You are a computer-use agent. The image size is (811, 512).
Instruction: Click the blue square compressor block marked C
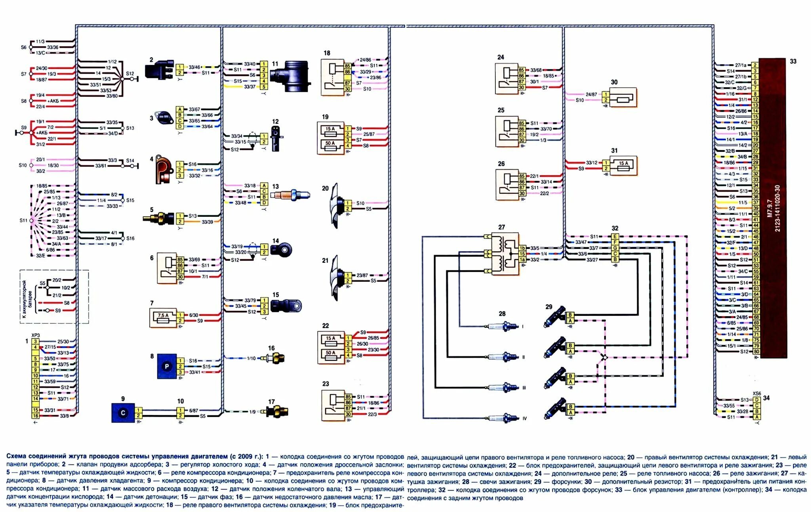point(123,413)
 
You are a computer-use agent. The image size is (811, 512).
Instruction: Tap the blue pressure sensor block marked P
point(167,367)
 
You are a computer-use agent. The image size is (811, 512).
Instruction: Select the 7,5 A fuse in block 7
point(163,318)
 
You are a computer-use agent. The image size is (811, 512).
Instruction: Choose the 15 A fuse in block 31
point(623,166)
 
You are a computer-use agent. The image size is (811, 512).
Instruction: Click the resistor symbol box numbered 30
point(623,97)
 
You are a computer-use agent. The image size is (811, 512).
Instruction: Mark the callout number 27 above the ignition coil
point(501,227)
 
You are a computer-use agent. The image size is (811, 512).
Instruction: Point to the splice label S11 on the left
point(23,220)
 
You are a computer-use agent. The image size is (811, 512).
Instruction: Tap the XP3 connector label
point(36,335)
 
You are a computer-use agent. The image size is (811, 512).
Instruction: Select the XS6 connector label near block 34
point(756,394)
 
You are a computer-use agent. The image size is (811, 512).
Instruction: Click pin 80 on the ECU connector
point(756,351)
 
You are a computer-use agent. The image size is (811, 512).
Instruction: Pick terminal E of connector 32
point(615,237)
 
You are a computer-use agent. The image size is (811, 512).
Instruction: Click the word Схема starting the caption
point(16,456)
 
